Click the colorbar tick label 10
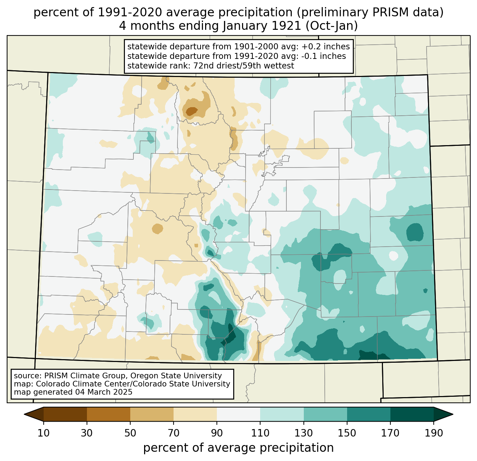(44, 433)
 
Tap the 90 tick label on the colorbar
(217, 433)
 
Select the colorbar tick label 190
(433, 433)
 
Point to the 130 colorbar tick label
(303, 433)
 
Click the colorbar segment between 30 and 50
(109, 414)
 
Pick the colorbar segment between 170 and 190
(412, 414)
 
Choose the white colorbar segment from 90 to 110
(238, 414)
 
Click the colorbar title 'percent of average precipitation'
(238, 448)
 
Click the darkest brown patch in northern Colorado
(192, 111)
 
